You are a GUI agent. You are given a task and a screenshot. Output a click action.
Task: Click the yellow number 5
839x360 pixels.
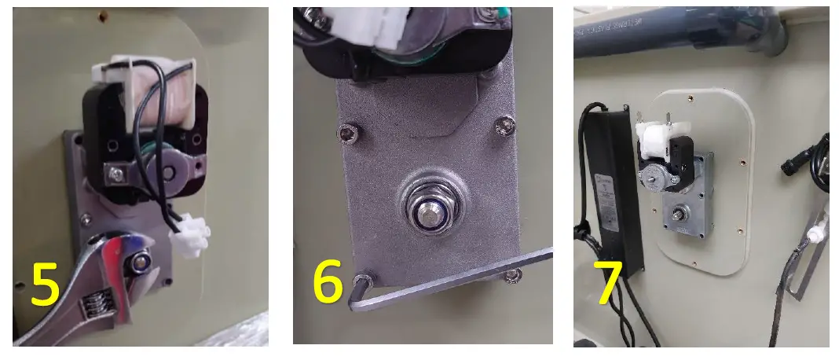coord(46,285)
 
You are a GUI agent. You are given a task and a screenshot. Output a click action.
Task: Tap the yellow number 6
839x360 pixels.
coord(328,284)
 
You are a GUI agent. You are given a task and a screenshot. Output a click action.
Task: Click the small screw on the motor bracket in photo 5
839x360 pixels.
coord(119,171)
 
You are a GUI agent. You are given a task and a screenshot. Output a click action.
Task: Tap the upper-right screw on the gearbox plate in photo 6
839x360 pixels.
coord(503,123)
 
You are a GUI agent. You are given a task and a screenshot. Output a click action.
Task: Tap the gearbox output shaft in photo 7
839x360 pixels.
coord(677,211)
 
